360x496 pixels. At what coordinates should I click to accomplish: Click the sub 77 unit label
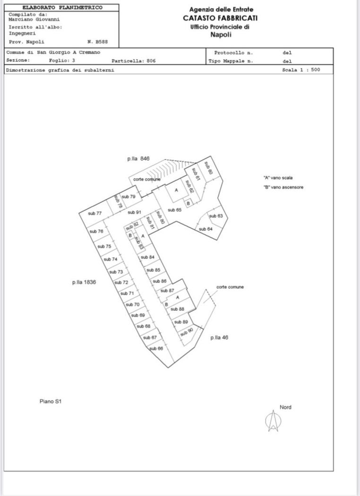tap(95, 214)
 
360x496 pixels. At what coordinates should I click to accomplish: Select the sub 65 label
tap(175, 210)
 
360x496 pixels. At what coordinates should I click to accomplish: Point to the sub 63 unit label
tap(216, 216)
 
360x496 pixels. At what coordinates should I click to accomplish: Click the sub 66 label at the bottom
tap(156, 349)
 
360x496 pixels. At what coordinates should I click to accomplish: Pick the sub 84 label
tap(148, 257)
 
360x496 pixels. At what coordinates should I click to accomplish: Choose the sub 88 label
tap(178, 309)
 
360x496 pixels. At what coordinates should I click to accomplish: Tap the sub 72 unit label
tap(122, 282)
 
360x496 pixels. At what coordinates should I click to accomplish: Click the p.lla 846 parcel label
tap(138, 159)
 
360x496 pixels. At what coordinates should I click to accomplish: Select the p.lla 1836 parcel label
tap(84, 282)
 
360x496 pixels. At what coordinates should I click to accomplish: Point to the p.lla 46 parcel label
tap(219, 338)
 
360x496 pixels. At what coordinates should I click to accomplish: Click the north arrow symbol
tap(273, 420)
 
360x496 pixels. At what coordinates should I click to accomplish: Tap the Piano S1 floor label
tap(51, 402)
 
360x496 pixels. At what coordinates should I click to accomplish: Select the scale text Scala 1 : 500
tap(301, 70)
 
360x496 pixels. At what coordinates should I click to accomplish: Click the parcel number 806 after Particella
tap(151, 61)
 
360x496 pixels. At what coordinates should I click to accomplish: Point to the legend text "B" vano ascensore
tap(283, 188)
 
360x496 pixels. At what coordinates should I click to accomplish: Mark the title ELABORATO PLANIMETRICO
tap(62, 8)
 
